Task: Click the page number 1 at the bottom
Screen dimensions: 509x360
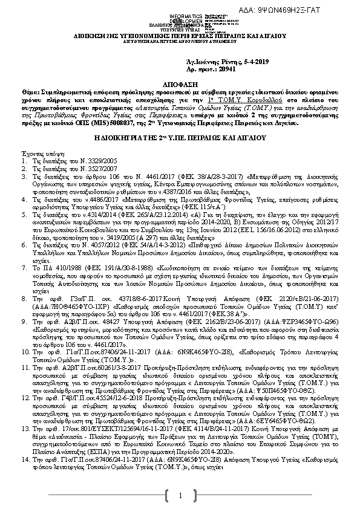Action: [x=180, y=496]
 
